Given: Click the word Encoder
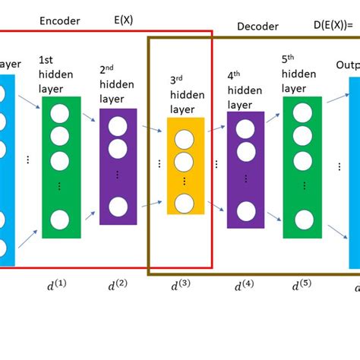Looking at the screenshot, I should [x=59, y=21].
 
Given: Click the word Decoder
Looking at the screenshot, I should [x=257, y=27].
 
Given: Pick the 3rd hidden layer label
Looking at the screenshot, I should [x=184, y=98].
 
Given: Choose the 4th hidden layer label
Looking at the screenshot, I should [x=243, y=90].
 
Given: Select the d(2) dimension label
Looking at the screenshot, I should [x=117, y=286].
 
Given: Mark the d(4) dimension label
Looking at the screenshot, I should [x=243, y=286].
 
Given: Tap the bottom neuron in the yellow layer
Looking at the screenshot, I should [x=183, y=202].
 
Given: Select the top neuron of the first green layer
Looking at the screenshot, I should [x=59, y=115].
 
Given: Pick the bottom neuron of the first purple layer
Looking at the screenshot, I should [x=118, y=206].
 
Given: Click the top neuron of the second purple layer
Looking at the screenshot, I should [x=245, y=130].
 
